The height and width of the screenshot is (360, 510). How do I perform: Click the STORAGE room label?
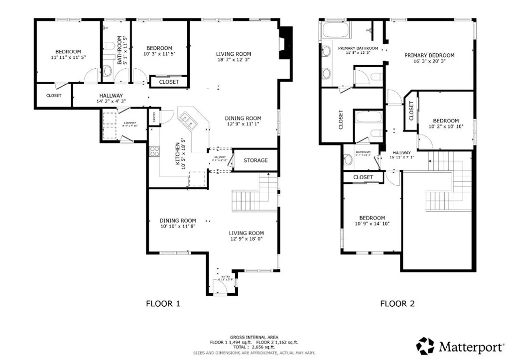(x=255, y=160)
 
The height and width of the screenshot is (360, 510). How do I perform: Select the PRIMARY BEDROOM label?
(x=429, y=55)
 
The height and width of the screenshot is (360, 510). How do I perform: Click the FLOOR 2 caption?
(x=397, y=303)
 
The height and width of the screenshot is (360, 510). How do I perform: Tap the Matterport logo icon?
(x=426, y=346)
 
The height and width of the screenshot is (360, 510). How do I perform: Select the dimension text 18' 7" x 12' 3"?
(x=233, y=60)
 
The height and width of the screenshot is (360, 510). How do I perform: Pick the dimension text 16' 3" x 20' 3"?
(x=429, y=62)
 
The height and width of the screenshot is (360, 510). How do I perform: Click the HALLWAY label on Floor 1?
(x=111, y=96)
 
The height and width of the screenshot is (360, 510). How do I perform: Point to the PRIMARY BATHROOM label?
(x=358, y=48)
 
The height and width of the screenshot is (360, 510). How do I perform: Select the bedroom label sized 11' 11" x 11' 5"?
(x=68, y=52)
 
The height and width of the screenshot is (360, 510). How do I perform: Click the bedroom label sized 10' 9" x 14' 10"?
(x=372, y=218)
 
